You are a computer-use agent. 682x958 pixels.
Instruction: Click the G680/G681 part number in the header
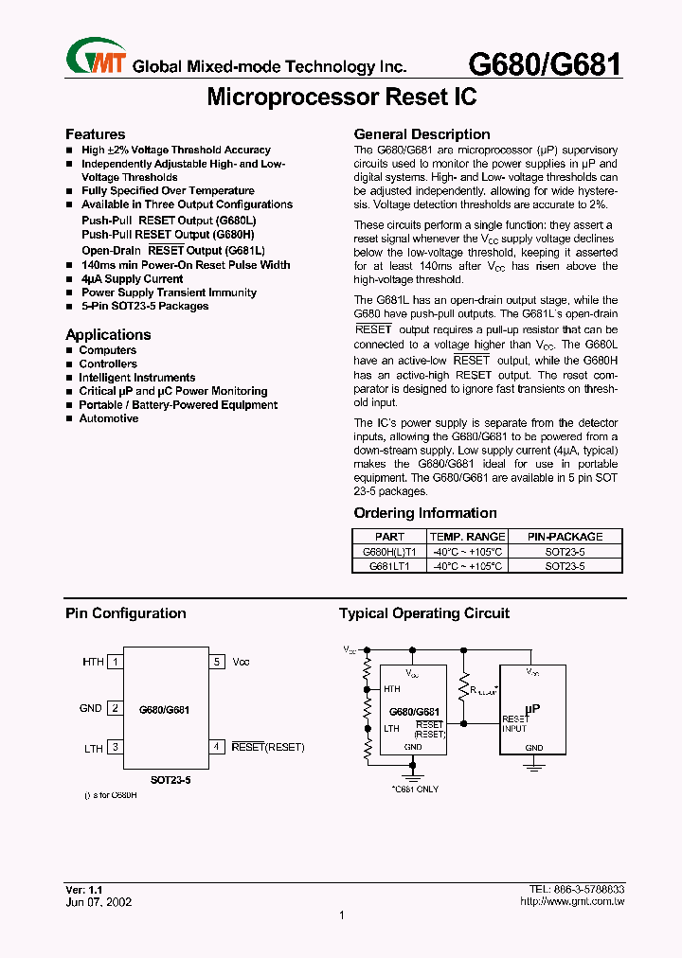click(x=546, y=64)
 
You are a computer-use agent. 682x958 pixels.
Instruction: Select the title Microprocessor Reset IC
click(x=341, y=97)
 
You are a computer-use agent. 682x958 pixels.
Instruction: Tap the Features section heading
click(x=95, y=134)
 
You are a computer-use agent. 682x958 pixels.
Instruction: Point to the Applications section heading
click(x=108, y=334)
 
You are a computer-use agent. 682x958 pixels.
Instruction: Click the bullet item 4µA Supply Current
click(x=132, y=279)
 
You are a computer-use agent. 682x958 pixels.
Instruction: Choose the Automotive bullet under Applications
click(x=109, y=418)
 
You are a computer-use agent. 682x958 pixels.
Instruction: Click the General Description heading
click(x=422, y=134)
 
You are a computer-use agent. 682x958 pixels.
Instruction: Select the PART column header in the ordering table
click(x=389, y=536)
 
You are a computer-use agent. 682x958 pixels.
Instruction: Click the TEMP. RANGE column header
click(x=468, y=536)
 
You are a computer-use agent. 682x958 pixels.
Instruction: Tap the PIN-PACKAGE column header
click(x=565, y=536)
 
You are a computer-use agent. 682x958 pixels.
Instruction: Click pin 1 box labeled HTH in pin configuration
click(x=115, y=663)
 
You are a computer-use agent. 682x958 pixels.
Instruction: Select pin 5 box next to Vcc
click(x=217, y=663)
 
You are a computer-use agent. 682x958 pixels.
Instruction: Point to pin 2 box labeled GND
click(x=115, y=708)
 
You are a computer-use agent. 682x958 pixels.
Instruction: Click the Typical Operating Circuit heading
click(x=424, y=613)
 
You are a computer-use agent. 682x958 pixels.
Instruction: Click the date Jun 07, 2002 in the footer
click(x=99, y=901)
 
